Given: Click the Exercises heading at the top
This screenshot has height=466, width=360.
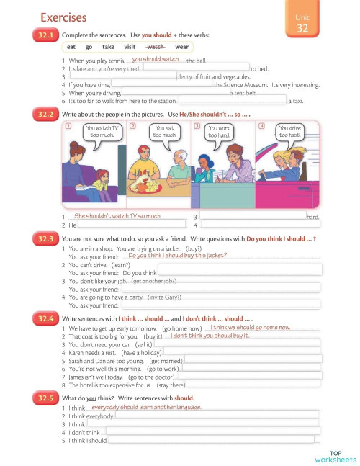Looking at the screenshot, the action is (63, 17).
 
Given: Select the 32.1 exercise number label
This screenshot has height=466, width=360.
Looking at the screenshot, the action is (45, 35).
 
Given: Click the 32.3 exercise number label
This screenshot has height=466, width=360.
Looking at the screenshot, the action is (45, 238).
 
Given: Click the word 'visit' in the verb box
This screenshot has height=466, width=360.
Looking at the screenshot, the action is (130, 47).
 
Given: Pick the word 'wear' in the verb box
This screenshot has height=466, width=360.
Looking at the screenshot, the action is (181, 47).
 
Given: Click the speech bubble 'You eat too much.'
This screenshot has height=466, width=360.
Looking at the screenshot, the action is (164, 132).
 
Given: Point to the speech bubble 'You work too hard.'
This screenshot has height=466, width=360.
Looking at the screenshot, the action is (220, 132).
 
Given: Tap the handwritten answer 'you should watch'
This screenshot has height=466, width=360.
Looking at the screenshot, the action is (156, 59).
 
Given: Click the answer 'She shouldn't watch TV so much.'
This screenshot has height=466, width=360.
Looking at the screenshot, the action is (117, 215).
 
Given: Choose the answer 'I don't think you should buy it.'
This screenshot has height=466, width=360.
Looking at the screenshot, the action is (210, 336).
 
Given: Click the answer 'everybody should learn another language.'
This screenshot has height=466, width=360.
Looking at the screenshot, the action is (146, 407).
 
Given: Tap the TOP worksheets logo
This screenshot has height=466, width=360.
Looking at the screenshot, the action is (335, 456).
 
